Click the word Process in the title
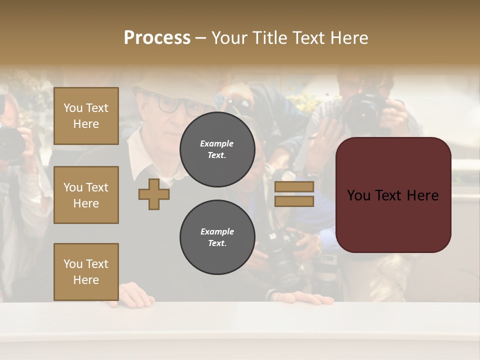point(157,38)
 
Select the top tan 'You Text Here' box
point(86,116)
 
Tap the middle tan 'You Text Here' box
point(86,195)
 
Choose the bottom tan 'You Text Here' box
point(86,271)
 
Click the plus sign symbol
point(154,194)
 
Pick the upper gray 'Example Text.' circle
point(217,149)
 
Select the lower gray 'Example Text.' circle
point(217,237)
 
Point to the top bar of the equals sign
point(294,186)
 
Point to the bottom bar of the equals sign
point(294,201)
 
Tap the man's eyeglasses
point(175,105)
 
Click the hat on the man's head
point(170,82)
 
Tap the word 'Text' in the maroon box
point(393,195)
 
